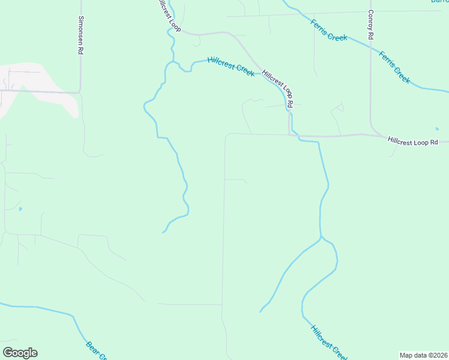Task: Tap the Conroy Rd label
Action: click(x=372, y=25)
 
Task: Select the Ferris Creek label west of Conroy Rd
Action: click(x=329, y=29)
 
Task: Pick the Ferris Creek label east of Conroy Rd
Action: click(x=394, y=67)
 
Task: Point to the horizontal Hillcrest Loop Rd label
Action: click(x=418, y=142)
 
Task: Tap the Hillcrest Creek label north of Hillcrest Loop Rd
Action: click(x=231, y=65)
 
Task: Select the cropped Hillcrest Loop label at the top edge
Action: click(x=167, y=15)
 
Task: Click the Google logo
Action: click(x=20, y=353)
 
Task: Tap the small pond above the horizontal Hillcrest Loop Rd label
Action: click(x=438, y=128)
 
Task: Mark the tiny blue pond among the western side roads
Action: click(x=20, y=209)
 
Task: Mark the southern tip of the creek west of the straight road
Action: click(x=163, y=232)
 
